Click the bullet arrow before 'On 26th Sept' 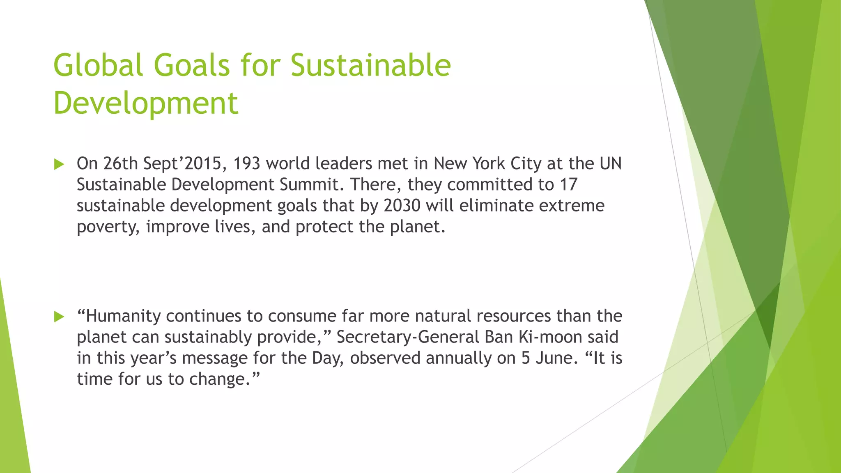coord(59,164)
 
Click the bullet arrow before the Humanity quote coord(59,317)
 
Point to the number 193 coord(246,163)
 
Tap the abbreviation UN coord(611,163)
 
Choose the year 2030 coord(402,205)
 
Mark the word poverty coord(108,227)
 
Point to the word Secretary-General coord(408,337)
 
